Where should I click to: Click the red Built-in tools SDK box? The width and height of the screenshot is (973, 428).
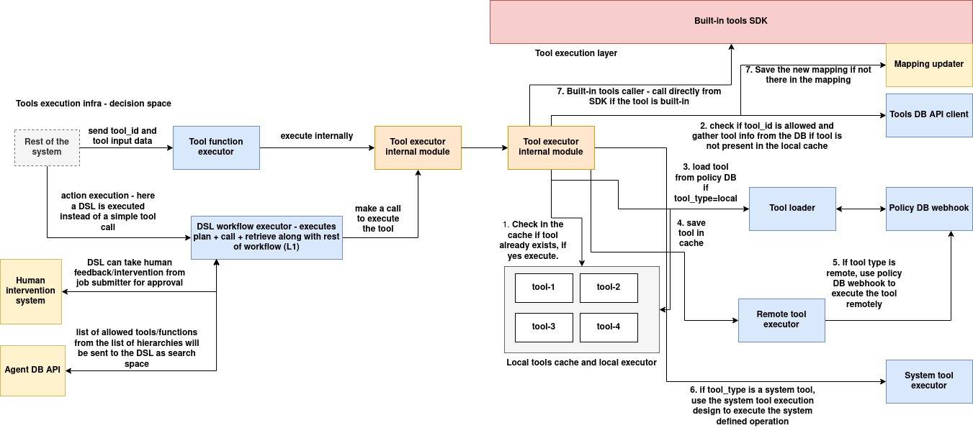click(730, 22)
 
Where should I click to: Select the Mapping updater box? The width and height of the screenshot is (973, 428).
click(928, 64)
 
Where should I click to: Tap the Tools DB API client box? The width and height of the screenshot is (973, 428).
click(928, 115)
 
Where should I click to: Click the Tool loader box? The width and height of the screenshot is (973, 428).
click(792, 209)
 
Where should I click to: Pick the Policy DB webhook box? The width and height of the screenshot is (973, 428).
click(928, 209)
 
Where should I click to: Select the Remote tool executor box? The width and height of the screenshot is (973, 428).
click(781, 320)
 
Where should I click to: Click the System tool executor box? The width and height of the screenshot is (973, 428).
click(928, 381)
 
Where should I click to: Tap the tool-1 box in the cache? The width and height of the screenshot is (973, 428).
click(544, 288)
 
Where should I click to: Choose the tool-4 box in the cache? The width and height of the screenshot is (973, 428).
click(609, 327)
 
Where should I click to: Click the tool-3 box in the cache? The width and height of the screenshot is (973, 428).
click(544, 327)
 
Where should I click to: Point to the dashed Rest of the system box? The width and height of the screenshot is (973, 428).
click(47, 147)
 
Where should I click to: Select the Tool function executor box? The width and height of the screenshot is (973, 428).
click(216, 147)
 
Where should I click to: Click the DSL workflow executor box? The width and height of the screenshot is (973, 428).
click(266, 237)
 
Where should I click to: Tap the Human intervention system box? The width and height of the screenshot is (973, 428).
click(30, 291)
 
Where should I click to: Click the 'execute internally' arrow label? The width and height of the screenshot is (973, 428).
click(317, 136)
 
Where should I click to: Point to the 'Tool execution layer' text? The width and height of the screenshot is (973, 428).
click(576, 53)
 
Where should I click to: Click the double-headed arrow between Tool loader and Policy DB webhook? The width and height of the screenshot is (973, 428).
click(861, 209)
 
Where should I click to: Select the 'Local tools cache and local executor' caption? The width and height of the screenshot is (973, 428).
click(581, 363)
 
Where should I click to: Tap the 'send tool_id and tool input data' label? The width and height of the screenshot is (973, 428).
click(122, 136)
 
